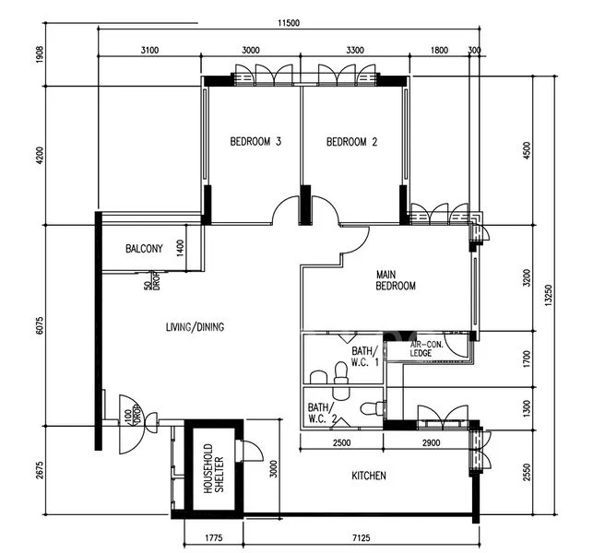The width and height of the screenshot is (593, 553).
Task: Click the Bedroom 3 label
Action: point(255,142)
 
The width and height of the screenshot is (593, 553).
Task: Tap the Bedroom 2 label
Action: point(351,142)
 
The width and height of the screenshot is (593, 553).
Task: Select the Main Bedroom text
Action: point(396,280)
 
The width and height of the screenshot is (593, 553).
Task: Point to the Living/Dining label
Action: point(195,327)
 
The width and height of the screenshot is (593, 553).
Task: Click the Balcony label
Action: point(144,249)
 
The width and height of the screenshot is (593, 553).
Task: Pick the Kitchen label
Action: point(369,476)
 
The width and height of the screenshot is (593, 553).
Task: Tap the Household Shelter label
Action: point(214,469)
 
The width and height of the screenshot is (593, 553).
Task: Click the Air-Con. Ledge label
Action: point(427,349)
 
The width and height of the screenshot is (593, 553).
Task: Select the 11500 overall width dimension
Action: point(289,23)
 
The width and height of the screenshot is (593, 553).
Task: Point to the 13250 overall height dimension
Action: point(549,295)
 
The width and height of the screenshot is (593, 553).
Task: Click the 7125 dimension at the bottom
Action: point(362,537)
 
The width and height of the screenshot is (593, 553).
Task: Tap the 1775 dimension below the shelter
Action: point(214,537)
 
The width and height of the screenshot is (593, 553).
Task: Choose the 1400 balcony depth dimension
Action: point(180,248)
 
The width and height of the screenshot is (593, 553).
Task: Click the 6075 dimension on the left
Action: point(40,325)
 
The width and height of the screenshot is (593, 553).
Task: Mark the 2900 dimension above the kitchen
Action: point(431,442)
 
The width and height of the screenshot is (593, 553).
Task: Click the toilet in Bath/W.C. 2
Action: point(373,408)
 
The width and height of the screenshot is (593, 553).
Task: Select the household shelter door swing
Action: point(250,451)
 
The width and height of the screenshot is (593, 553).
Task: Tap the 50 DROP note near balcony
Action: point(151,281)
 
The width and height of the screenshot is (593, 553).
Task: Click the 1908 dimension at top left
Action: point(40,54)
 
